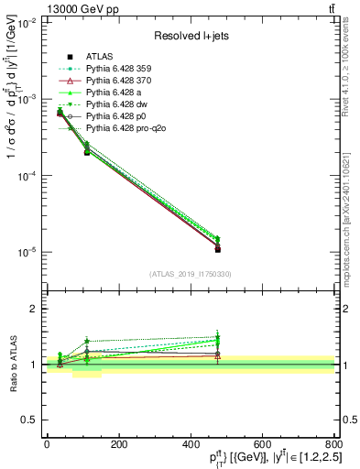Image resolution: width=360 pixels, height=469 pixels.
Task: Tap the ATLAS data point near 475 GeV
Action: [217, 249]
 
